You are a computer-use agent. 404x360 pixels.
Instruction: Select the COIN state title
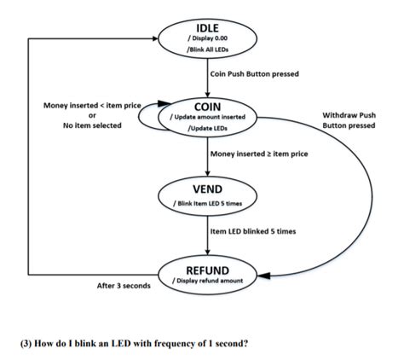click(208, 106)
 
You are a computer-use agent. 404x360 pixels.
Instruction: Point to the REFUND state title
click(208, 270)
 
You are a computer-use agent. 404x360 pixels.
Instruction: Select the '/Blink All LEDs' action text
click(208, 52)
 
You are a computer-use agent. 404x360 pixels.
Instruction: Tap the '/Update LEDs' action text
click(208, 130)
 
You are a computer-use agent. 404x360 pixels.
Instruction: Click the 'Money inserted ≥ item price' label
click(259, 154)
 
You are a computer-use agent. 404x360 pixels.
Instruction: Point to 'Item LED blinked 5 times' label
click(252, 230)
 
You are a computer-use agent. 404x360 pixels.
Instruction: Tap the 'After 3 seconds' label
click(123, 285)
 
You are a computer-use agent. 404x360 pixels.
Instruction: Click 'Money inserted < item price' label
click(92, 105)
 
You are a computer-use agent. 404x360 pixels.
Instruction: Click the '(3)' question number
click(26, 342)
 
